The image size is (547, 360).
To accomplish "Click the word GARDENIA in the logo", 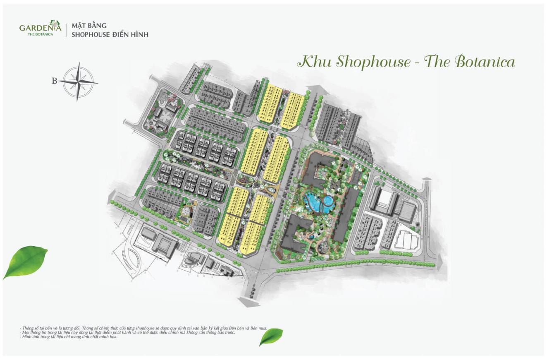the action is click(x=40, y=28).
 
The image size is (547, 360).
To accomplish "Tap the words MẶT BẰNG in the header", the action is click(x=89, y=26).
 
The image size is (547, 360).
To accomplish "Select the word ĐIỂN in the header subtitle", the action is click(x=118, y=35).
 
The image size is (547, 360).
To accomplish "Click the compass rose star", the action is click(x=78, y=82).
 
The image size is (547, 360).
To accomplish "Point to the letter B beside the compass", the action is click(x=54, y=81).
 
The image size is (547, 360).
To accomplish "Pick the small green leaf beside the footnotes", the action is click(x=272, y=336).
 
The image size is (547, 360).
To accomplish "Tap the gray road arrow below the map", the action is click(x=248, y=302).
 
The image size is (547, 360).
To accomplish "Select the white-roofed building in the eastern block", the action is click(x=385, y=198).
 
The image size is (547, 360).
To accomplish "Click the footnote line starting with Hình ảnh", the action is click(x=69, y=337).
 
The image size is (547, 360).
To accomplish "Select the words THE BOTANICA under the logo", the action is click(x=40, y=34).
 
